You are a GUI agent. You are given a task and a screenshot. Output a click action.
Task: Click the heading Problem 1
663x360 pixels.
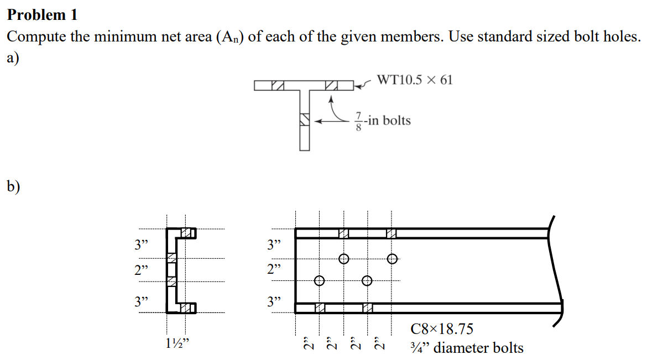point(42,15)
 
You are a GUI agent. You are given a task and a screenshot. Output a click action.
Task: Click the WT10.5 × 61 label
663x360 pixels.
point(414,80)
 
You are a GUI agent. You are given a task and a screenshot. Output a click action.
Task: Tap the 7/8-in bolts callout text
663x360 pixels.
point(382,120)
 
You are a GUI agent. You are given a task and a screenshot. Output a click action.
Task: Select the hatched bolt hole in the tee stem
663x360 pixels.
point(304,119)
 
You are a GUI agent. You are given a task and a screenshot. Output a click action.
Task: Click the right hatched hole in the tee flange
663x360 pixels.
point(331,86)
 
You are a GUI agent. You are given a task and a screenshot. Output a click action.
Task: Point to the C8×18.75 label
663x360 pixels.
point(442,329)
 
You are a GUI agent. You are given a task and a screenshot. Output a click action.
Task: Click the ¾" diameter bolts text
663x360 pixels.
point(467,348)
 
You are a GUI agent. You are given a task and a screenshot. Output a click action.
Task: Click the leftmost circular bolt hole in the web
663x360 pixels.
point(319,281)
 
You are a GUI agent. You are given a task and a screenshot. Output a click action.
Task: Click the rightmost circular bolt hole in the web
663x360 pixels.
point(392,258)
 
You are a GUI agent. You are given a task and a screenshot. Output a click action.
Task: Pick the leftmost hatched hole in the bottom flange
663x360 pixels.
point(320,307)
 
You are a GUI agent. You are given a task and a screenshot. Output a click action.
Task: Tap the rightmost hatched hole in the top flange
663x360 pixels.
point(391,233)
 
